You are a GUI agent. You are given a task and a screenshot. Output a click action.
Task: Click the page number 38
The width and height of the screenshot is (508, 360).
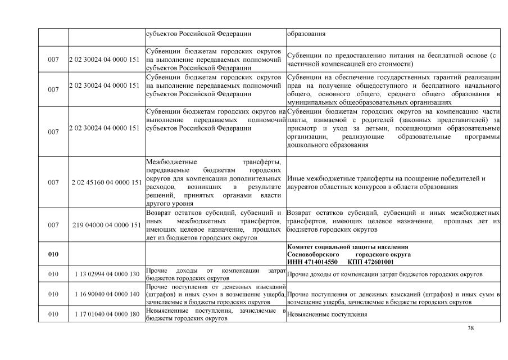471,328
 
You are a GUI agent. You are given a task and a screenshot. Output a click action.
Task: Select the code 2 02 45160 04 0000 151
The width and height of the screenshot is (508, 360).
107,182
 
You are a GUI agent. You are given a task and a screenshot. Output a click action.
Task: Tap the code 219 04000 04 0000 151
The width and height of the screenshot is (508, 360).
107,225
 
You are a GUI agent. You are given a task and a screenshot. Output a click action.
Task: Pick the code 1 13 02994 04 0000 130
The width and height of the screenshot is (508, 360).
107,274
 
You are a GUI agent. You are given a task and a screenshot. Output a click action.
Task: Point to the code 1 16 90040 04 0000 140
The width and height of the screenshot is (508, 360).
107,294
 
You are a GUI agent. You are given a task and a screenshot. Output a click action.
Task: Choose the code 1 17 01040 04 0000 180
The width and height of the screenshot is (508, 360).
107,314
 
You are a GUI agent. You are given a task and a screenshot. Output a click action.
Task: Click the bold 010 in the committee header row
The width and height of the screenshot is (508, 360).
53,254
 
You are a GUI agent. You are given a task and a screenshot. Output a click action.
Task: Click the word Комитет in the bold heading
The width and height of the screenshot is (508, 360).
303,247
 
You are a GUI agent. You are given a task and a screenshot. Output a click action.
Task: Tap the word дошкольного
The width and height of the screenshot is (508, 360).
309,145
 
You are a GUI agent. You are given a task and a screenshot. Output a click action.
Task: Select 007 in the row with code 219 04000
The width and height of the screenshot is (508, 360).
53,225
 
